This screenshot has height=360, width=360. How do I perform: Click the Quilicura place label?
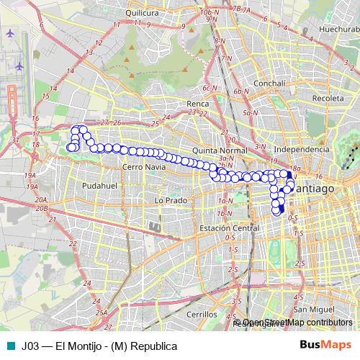pos(141,13)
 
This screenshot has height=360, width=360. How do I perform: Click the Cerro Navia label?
pos(144,166)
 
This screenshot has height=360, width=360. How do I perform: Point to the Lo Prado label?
pos(171,199)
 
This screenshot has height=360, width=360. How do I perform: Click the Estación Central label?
pos(229,228)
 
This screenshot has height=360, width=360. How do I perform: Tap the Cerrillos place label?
pos(200,315)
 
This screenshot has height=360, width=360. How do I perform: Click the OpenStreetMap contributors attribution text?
pos(298,323)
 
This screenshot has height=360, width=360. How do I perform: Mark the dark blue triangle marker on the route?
pos(290,175)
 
